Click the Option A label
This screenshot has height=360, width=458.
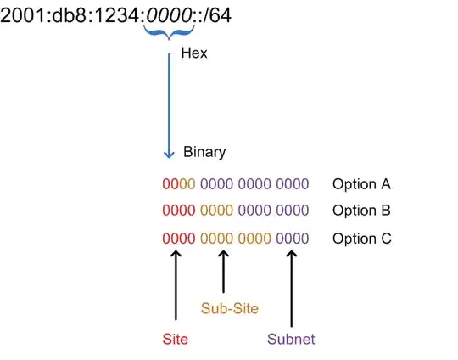(361, 184)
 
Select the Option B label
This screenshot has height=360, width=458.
(361, 211)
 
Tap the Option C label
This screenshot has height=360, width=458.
(361, 239)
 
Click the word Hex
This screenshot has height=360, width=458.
(193, 53)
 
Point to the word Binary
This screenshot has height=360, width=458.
(204, 153)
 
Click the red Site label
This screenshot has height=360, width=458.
(174, 339)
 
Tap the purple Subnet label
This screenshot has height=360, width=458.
(291, 339)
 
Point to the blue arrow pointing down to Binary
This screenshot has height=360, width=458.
(168, 110)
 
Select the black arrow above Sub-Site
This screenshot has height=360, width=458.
(223, 270)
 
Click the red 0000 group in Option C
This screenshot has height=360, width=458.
(177, 239)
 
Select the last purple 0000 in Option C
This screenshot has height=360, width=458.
(293, 239)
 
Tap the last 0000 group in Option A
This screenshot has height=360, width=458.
(293, 184)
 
